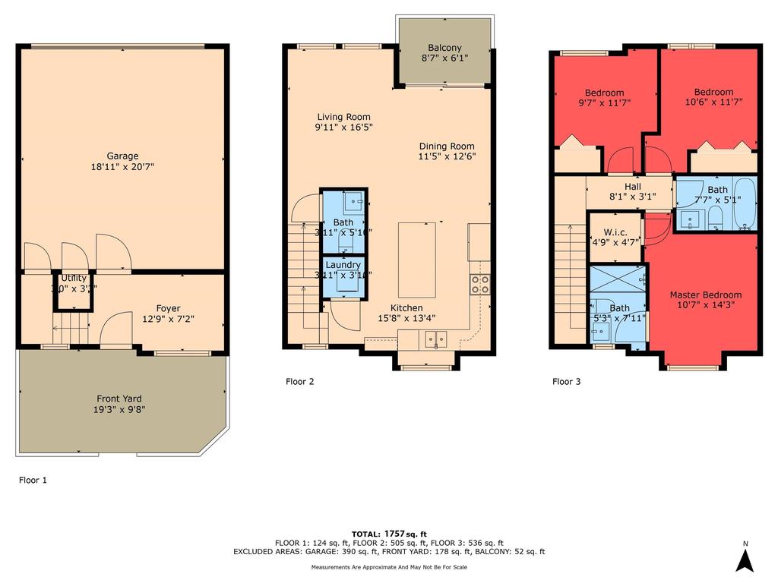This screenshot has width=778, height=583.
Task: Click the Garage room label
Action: pos(122,156)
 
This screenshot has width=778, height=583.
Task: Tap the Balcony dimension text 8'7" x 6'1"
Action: pos(444,57)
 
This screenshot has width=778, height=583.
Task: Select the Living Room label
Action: pos(344,117)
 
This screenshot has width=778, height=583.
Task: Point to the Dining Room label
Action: pos(447,147)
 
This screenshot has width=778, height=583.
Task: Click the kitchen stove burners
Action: pos(480,285)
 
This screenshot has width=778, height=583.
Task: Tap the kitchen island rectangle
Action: pos(418,260)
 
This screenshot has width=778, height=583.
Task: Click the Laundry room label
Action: pos(343,265)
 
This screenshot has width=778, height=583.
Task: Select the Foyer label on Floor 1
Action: pos(168,308)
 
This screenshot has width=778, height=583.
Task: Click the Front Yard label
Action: pos(119,399)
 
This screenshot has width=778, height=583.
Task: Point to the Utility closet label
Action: pos(74,279)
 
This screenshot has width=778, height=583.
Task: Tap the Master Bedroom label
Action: pos(705,295)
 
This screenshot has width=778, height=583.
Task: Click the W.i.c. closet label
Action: pos(615,232)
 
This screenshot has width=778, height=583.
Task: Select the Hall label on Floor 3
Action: pos(632,187)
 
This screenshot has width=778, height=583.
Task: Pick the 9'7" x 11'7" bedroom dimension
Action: pos(605,102)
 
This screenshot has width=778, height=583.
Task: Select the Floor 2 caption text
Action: pos(299,382)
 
